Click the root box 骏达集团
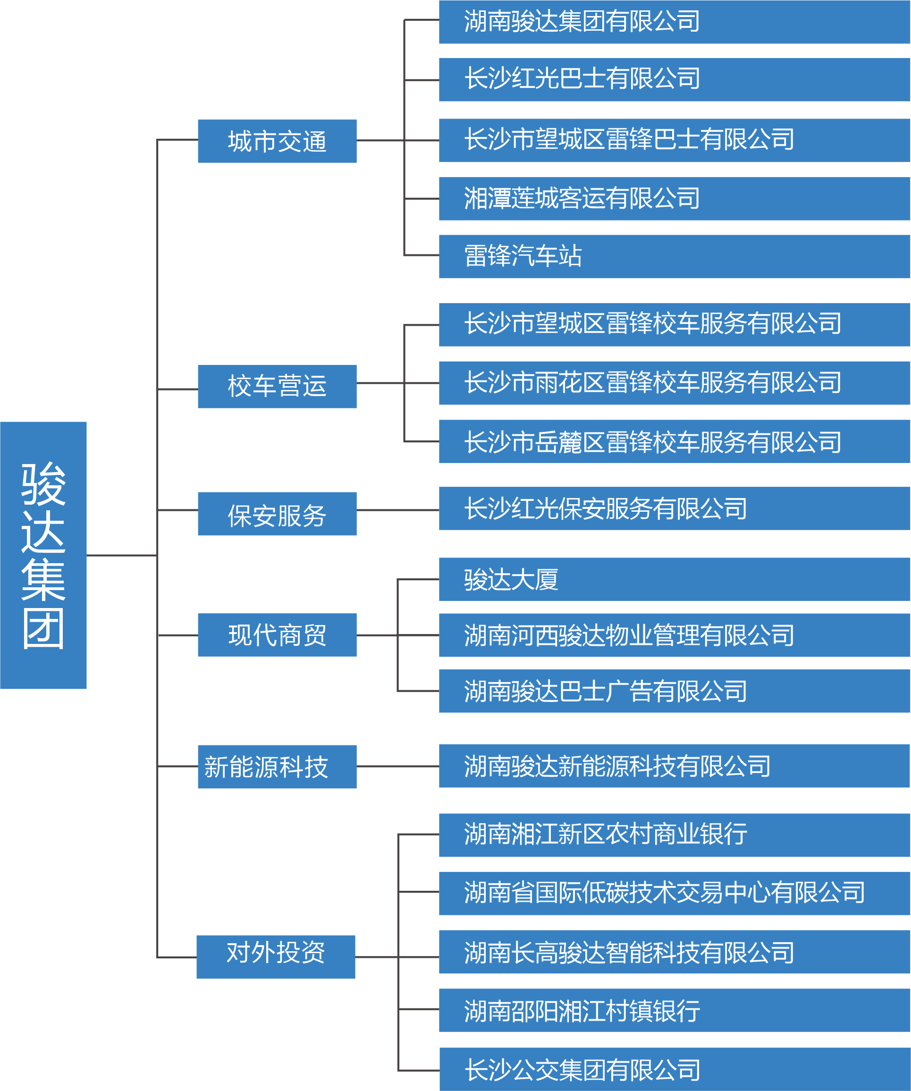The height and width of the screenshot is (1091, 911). [x=43, y=555]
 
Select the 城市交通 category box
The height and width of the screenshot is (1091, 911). [x=277, y=141]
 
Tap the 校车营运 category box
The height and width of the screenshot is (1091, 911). [x=277, y=387]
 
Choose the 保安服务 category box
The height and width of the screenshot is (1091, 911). [x=277, y=514]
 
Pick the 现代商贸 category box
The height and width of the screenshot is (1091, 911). [x=277, y=635]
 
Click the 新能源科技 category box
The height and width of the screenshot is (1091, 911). [x=277, y=767]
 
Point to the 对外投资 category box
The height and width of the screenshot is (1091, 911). [x=276, y=957]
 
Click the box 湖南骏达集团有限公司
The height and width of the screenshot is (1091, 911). [x=674, y=22]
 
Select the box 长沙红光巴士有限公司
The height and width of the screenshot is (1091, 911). [x=674, y=79]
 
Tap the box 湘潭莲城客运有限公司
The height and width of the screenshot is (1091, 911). [x=674, y=198]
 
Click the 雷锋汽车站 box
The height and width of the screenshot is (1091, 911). [x=674, y=256]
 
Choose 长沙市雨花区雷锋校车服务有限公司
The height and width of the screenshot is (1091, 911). [x=674, y=383]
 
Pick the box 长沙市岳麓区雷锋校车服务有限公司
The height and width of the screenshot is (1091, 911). [x=674, y=441]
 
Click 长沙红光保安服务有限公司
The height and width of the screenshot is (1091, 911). [x=674, y=508]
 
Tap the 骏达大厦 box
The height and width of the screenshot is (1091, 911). [x=674, y=579]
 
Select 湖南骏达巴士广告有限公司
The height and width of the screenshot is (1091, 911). [x=674, y=691]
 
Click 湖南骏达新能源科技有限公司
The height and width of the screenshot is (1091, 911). [x=674, y=766]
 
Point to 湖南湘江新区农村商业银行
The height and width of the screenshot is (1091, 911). [x=674, y=835]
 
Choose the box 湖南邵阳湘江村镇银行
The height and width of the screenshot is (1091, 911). [x=674, y=1010]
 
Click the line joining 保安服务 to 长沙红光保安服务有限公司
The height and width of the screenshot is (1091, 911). [x=397, y=510]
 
